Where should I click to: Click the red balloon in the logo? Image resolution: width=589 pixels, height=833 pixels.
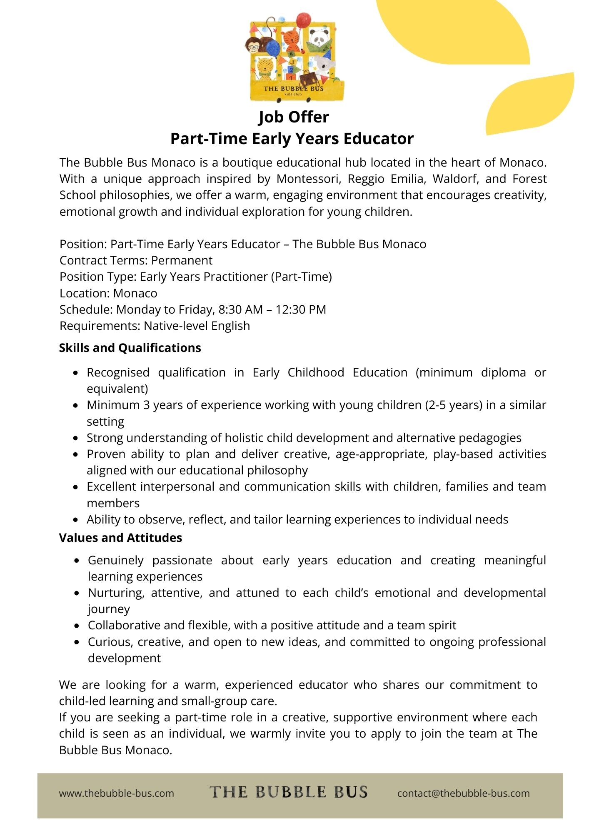coord(304,21)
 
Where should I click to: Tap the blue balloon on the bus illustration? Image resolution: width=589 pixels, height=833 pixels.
coord(272,50)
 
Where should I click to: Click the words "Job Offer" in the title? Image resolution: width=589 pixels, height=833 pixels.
coord(294,117)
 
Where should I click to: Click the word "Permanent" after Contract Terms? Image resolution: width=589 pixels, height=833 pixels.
coord(182,260)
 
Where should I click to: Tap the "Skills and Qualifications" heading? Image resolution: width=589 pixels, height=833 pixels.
coord(130,348)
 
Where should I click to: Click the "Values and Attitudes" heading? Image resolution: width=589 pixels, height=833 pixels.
coord(120,538)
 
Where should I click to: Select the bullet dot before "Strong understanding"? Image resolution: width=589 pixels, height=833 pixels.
coord(75,438)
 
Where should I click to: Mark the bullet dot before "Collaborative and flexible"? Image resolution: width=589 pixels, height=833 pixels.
coord(77,626)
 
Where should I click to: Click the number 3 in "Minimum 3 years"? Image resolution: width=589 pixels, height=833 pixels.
coord(146,405)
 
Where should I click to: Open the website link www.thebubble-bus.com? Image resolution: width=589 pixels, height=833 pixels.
coord(117,793)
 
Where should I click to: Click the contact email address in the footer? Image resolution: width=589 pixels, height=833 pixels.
coord(463,793)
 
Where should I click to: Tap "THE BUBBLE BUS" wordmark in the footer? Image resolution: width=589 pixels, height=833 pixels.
coord(288,792)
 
